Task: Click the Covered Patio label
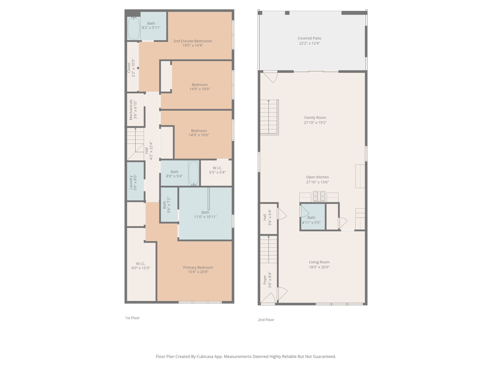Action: pyautogui.click(x=309, y=38)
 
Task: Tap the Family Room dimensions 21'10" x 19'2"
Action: pyautogui.click(x=315, y=123)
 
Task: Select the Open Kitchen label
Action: pyautogui.click(x=317, y=177)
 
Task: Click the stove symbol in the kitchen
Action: pyautogui.click(x=319, y=196)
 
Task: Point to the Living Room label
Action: pyautogui.click(x=319, y=262)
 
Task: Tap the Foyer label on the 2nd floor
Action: pyautogui.click(x=265, y=280)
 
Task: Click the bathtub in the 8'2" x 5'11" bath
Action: pyautogui.click(x=134, y=29)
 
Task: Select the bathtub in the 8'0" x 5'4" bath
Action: pyautogui.click(x=193, y=173)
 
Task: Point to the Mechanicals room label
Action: pyautogui.click(x=131, y=110)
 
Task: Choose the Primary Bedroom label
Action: pyautogui.click(x=198, y=268)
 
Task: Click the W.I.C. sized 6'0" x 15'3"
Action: pyautogui.click(x=140, y=266)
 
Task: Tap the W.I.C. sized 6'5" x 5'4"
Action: pyautogui.click(x=217, y=170)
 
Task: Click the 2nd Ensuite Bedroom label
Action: pyautogui.click(x=192, y=41)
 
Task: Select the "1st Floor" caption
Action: pyautogui.click(x=132, y=318)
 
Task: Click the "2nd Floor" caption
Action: pyautogui.click(x=266, y=320)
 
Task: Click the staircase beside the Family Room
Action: pyautogui.click(x=269, y=117)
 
